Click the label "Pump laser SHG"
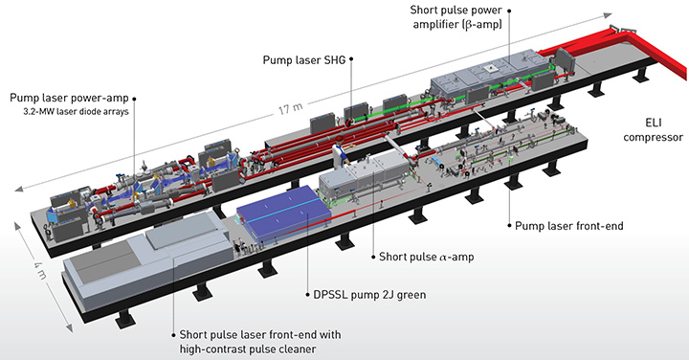tap(303, 59)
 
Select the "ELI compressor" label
tap(654, 130)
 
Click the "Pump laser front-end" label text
tap(569, 226)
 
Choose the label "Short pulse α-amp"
tap(426, 257)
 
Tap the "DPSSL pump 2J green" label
tap(369, 295)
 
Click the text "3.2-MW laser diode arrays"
tap(76, 112)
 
